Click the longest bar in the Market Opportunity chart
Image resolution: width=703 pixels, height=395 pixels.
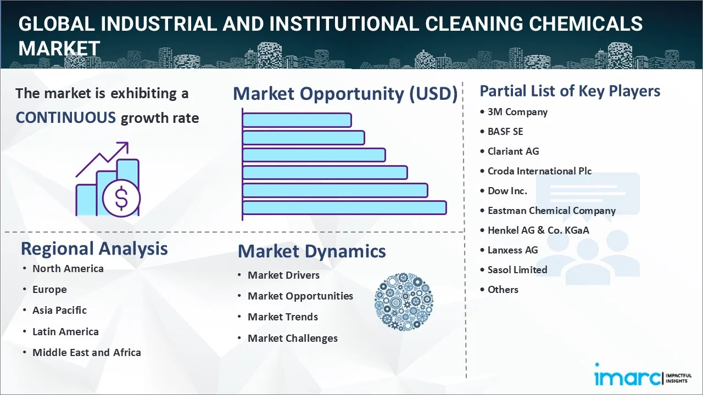[x=344, y=208]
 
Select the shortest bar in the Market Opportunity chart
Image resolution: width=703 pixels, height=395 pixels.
[x=297, y=120]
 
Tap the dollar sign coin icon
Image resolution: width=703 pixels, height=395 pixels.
[x=121, y=199]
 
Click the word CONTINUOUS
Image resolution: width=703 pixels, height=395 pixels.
[x=65, y=118]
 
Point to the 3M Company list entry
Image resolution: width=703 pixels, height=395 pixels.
[x=517, y=112]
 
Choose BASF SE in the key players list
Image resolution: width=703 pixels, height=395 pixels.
[x=505, y=132]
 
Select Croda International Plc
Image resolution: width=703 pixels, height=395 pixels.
[x=539, y=171]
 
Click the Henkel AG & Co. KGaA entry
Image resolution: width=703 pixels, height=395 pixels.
[x=538, y=230]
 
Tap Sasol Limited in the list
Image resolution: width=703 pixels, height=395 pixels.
[x=517, y=269]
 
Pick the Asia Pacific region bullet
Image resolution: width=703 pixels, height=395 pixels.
[x=59, y=311]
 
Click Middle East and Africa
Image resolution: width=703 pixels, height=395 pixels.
[x=87, y=352]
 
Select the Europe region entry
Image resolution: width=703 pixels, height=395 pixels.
[x=49, y=290]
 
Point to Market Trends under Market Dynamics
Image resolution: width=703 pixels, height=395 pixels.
[x=283, y=317]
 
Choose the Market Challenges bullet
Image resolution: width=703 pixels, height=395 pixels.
[x=293, y=338]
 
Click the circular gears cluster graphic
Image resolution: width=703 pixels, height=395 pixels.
[x=404, y=302]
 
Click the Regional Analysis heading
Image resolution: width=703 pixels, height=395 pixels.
[x=94, y=249]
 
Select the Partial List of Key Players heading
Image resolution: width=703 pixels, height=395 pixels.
[x=570, y=91]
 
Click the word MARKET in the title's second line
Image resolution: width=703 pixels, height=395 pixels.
[x=59, y=48]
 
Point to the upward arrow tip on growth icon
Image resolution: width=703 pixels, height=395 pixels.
[x=127, y=143]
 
